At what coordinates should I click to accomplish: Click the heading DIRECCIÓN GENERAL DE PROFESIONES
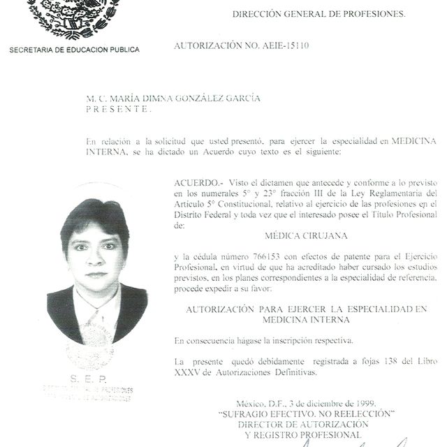[318, 13]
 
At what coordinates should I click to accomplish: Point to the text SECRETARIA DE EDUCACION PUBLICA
[74, 50]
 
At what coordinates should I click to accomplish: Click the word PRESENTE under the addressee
[117, 109]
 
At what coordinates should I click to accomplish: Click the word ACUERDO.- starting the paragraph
[196, 182]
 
